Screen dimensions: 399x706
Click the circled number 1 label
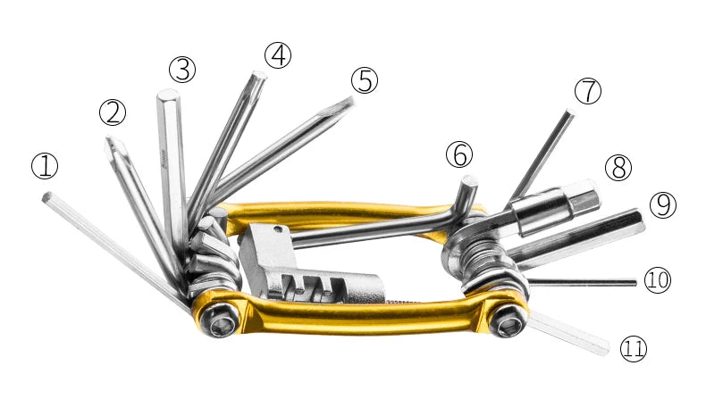[x=45, y=166]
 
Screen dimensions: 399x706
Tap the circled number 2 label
[x=113, y=112]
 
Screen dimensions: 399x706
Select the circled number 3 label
[x=181, y=69]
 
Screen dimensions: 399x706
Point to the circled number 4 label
[x=279, y=55]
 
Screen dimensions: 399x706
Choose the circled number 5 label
[x=364, y=80]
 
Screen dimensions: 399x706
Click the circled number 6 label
[x=459, y=154]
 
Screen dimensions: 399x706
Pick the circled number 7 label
[x=587, y=91]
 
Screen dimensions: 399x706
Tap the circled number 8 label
[x=618, y=167]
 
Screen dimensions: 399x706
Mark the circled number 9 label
[x=662, y=204]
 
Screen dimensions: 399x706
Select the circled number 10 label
[x=657, y=280]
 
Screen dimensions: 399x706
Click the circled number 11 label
[x=633, y=348]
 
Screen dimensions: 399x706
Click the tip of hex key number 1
[x=47, y=196]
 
